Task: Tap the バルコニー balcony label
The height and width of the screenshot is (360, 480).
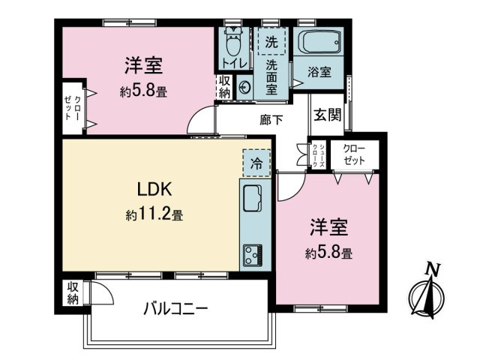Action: tap(175, 308)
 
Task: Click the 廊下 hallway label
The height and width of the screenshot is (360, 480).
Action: tap(271, 118)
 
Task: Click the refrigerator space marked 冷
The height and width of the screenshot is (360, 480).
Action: tap(256, 162)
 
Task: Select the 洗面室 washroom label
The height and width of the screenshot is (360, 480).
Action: tap(271, 78)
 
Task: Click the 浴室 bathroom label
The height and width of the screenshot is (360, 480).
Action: tap(319, 72)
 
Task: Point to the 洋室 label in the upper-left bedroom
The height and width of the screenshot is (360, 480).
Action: tap(144, 67)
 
